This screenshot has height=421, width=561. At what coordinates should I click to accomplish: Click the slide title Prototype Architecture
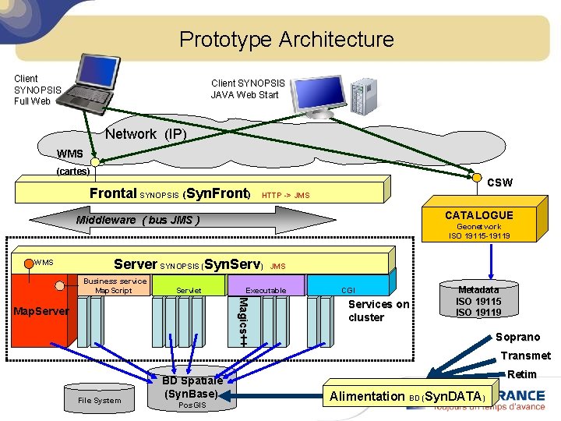286,39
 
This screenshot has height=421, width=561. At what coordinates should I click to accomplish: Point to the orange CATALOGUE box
478,224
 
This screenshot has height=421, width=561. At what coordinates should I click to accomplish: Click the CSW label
499,182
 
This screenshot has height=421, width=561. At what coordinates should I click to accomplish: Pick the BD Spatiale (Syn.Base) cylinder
192,389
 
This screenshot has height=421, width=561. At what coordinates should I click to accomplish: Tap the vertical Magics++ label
242,320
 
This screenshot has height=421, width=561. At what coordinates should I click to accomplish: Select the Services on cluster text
378,310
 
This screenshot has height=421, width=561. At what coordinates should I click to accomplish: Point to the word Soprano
517,337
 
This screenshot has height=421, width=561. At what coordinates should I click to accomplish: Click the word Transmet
525,356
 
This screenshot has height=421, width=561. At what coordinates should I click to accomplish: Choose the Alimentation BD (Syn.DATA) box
408,396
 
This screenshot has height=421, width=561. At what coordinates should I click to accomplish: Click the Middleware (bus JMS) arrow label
138,220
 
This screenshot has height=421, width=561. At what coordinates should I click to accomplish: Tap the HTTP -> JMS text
285,195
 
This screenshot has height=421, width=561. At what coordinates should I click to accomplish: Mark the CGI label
348,290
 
